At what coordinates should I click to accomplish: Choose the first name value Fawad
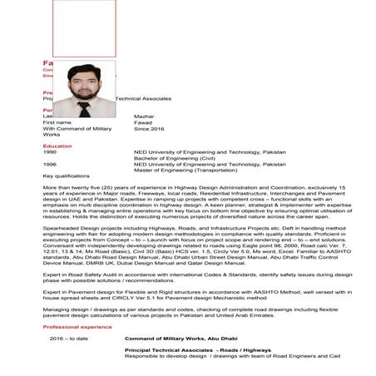tap(143, 123)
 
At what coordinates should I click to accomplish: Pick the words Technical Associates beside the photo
tap(149, 97)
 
